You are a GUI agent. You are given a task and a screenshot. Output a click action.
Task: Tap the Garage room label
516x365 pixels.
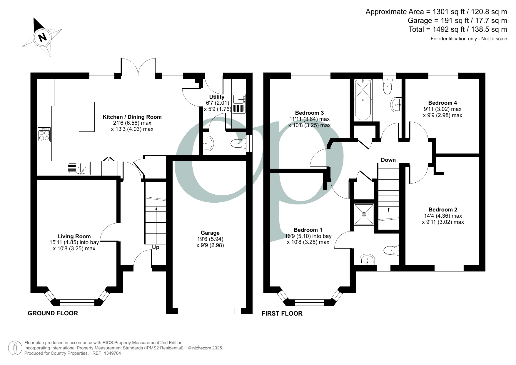(x=210, y=233)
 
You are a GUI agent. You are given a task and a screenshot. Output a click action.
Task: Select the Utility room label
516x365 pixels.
(x=217, y=97)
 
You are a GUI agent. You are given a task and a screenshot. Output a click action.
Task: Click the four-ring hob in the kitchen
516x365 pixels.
(x=44, y=134)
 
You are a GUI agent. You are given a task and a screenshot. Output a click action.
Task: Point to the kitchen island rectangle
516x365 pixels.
(x=87, y=117)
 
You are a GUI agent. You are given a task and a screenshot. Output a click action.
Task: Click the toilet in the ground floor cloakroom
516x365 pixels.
(x=238, y=144)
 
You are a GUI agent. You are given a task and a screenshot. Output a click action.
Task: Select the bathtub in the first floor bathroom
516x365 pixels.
(x=363, y=100)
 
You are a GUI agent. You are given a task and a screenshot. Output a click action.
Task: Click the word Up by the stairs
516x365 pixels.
(x=156, y=248)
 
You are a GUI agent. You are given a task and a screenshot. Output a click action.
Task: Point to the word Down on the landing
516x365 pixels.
(x=388, y=160)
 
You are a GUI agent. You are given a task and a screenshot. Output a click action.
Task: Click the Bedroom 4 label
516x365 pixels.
(x=442, y=103)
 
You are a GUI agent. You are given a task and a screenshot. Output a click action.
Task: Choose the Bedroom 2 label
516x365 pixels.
(x=443, y=210)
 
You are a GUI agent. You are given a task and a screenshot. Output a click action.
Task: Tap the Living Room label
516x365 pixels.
(x=74, y=236)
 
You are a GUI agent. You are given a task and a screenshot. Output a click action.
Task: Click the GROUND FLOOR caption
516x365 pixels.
(x=53, y=313)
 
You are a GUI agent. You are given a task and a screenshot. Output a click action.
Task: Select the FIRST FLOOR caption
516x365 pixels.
(x=282, y=314)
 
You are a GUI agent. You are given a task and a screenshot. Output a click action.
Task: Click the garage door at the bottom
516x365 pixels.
(x=209, y=311)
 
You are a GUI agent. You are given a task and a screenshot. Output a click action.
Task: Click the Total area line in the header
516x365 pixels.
(x=458, y=29)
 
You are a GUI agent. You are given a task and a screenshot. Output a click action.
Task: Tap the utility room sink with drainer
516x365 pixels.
(x=239, y=104)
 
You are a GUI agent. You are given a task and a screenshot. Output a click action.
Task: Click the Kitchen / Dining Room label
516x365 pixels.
(x=132, y=117)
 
